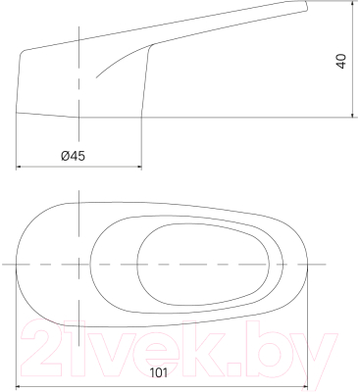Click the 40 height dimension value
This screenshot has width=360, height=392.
(341, 62)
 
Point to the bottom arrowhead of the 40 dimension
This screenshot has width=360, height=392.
(350, 116)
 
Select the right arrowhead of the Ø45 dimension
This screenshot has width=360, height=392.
(148, 166)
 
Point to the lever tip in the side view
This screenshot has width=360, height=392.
(305, 9)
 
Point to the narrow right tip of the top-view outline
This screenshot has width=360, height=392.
(308, 266)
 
